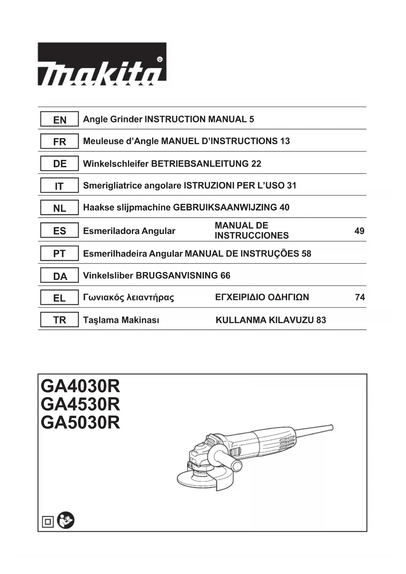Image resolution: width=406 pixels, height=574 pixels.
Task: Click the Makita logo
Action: click(102, 64)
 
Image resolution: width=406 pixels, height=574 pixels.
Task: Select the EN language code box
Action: click(59, 119)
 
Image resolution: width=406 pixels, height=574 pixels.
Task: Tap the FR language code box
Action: click(59, 141)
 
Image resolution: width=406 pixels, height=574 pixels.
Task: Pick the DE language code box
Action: click(59, 163)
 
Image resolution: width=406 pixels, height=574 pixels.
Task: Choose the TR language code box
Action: click(59, 320)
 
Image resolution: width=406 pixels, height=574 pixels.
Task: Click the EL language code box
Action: click(59, 298)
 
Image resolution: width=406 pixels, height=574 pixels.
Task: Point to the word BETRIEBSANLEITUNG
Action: click(200, 164)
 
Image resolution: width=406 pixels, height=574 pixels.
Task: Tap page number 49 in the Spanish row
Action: click(359, 231)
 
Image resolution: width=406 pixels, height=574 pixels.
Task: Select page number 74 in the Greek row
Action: click(360, 297)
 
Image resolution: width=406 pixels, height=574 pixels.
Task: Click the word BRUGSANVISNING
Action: click(177, 276)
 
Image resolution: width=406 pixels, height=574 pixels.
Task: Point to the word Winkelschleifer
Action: click(116, 164)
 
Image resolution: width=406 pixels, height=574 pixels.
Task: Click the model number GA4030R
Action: click(80, 386)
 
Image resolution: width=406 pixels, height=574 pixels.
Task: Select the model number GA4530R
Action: click(80, 404)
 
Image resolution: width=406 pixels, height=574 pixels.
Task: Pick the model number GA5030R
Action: click(80, 423)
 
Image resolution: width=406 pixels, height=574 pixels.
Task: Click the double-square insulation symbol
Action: click(48, 522)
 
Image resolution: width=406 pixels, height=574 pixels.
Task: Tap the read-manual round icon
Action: click(66, 520)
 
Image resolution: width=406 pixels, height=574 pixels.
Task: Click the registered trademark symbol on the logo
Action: click(160, 60)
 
